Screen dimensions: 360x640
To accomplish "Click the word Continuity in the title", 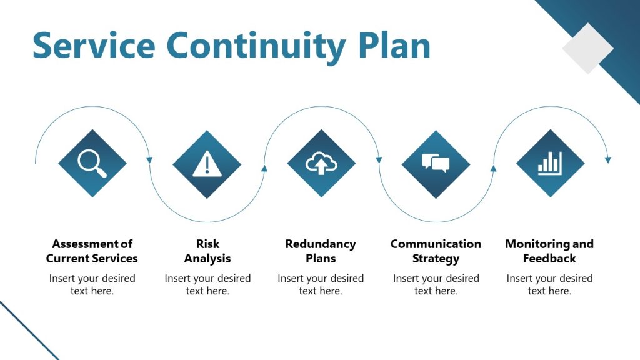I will point(255,46).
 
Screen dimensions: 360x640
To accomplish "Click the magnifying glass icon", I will point(92,163).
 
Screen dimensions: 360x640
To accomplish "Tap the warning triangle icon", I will point(206,164).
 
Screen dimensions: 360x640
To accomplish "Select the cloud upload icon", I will point(321,164).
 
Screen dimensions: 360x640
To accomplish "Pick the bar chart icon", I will point(550,164).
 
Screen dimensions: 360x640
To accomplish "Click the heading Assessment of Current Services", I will point(92,251).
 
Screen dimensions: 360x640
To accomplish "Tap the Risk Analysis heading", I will point(207,251).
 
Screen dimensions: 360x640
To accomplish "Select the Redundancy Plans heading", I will point(321,251).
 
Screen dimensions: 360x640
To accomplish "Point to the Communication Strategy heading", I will point(436,251).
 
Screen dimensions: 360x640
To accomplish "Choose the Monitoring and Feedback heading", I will point(549,251).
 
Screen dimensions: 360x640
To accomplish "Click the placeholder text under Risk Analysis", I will point(207,284).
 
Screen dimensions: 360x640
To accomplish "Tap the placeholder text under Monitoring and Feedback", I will point(549,284).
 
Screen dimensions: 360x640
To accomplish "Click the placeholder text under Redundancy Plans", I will point(321,284).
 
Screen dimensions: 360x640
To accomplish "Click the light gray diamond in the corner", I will point(587,48).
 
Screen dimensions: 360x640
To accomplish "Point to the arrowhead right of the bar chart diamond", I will point(608,161).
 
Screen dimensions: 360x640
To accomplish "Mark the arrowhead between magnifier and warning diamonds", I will point(149,161).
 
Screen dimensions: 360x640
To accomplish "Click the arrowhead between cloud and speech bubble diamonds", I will point(379,161).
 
